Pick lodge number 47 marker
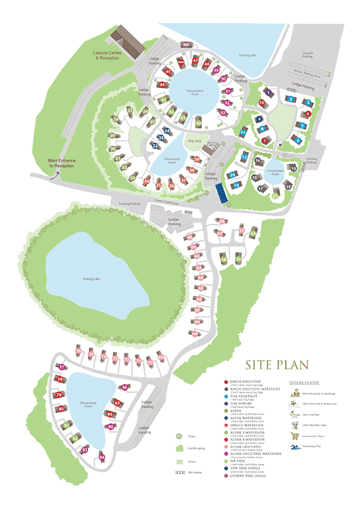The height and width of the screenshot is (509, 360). click(x=196, y=60)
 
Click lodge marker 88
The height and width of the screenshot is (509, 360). click(x=125, y=387)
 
